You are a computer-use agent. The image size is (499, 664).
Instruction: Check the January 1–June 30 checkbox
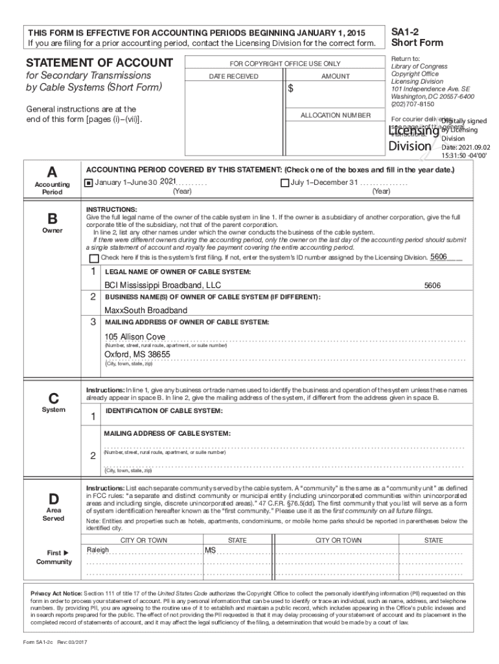tap(89, 183)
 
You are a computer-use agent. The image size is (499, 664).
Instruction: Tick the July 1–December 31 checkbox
tap(284, 183)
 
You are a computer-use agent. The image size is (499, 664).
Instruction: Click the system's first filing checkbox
tap(94, 258)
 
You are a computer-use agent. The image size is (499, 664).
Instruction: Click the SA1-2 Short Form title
tap(417, 37)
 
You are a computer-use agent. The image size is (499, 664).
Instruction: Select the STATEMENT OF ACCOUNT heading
tap(99, 63)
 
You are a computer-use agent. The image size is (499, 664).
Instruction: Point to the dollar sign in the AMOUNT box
tap(291, 89)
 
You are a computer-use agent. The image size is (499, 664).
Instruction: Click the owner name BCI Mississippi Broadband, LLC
tap(163, 285)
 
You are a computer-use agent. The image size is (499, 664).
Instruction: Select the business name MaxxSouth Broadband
tap(146, 311)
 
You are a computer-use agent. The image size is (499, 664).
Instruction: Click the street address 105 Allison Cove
tap(135, 337)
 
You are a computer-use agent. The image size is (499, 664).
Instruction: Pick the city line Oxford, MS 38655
tap(137, 355)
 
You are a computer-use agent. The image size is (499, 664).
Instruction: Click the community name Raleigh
tap(98, 551)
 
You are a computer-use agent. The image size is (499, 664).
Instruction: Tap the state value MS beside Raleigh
tap(211, 551)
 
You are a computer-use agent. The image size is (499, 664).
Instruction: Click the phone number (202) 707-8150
tap(412, 104)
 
